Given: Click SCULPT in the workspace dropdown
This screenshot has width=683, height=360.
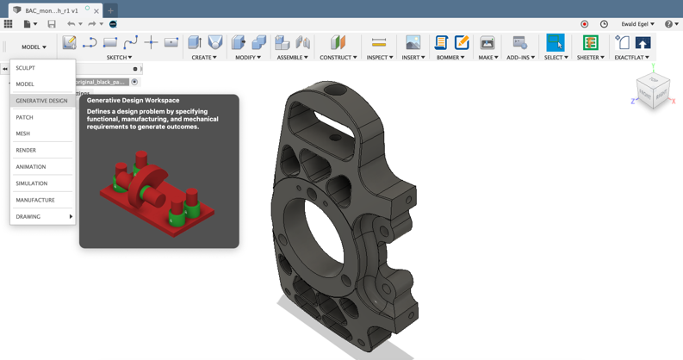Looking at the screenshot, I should point(26,68).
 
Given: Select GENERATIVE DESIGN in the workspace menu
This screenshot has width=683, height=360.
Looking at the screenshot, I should point(41,101).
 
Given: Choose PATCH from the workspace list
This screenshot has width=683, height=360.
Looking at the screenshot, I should point(25,117).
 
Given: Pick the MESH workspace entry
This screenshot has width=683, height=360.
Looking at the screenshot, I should point(23,133).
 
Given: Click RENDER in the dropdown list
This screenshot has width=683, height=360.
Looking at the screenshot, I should point(26,150).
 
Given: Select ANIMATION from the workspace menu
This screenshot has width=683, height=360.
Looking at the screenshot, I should point(31,167).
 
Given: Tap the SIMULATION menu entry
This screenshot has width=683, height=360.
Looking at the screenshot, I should point(32,183).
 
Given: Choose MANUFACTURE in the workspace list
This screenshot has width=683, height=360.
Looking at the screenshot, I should point(35,200).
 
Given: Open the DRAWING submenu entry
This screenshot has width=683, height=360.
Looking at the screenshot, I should point(28,217).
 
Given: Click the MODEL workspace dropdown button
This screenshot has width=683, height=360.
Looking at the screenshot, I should point(34,47).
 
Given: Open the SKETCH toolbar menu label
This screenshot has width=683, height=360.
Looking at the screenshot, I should point(119,58).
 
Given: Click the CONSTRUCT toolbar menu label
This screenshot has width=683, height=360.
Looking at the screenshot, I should point(338,58).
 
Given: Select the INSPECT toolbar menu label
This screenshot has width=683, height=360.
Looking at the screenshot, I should point(379,58).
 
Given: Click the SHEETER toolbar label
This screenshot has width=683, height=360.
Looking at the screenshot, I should point(590,58).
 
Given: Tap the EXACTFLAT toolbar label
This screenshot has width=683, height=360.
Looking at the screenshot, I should point(632,58).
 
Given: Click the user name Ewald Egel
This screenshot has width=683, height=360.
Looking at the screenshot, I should point(637,24).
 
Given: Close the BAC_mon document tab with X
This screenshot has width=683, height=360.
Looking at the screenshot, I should point(96,11).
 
